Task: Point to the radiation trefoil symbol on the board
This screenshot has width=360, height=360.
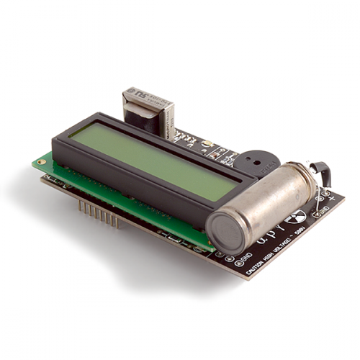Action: click(x=297, y=216)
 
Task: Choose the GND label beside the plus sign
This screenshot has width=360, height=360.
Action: click(x=323, y=210)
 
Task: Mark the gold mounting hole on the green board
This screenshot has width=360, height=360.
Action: click(x=42, y=162)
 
